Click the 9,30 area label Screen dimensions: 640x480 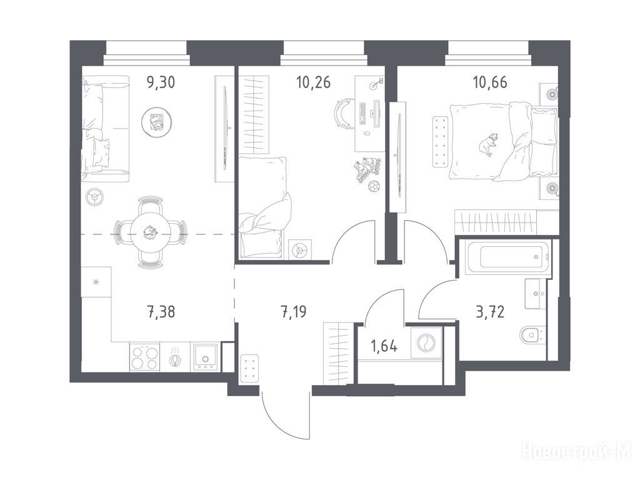coord(161,82)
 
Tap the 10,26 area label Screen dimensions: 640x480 coord(314,82)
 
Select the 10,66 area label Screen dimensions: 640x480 coord(490,82)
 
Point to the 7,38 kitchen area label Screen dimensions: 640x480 coord(161,312)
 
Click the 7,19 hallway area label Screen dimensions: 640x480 coord(294,312)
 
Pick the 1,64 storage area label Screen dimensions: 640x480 coord(384,346)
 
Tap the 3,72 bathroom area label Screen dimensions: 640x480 coord(490,312)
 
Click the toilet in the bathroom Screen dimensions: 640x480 coord(532,335)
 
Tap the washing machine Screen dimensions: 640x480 coord(426,343)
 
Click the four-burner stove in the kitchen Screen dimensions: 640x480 coord(144,357)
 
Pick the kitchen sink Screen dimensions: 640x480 coord(205,357)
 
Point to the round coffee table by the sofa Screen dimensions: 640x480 coord(156,121)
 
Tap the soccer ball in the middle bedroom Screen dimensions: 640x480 coord(374,187)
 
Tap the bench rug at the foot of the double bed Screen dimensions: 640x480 coord(440,142)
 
